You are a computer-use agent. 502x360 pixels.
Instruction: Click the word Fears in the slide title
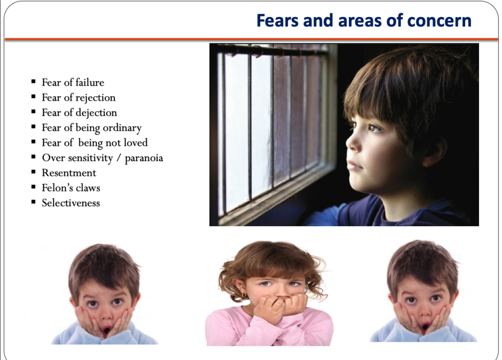277,21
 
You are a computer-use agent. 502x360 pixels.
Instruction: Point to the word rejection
96,98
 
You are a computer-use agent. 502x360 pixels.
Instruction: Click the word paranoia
144,158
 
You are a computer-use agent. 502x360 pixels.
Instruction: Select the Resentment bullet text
69,173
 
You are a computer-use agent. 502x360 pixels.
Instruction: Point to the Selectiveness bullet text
71,203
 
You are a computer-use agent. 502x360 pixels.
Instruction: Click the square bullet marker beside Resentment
33,172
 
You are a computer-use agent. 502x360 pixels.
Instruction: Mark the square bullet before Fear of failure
33,82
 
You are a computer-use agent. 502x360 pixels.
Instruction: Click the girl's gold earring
244,294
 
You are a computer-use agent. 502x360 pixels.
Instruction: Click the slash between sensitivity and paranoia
119,158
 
